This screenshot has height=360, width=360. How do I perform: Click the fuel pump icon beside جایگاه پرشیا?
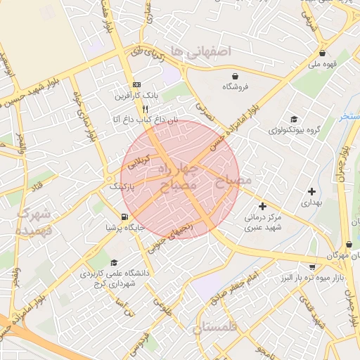[x=124, y=217]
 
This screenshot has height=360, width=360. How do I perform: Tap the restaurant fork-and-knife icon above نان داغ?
[x=144, y=109]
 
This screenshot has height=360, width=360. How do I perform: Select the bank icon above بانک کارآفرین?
[x=136, y=83]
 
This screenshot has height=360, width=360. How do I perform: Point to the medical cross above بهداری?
[x=311, y=191]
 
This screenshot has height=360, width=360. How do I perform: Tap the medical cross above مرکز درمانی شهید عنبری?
[x=262, y=207]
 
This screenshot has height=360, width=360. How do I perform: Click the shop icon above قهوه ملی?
[x=322, y=53]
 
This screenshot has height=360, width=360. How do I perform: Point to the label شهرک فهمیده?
[x=34, y=221]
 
